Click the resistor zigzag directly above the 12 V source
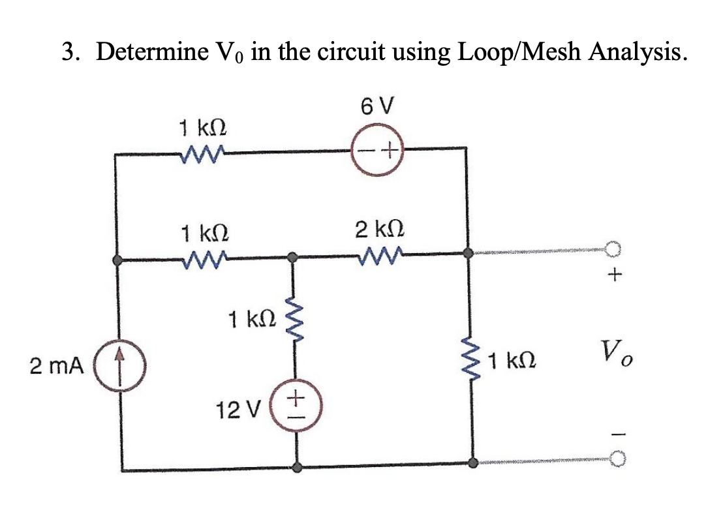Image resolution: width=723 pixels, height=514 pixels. (x=296, y=319)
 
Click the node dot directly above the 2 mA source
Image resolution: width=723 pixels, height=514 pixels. (x=118, y=260)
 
